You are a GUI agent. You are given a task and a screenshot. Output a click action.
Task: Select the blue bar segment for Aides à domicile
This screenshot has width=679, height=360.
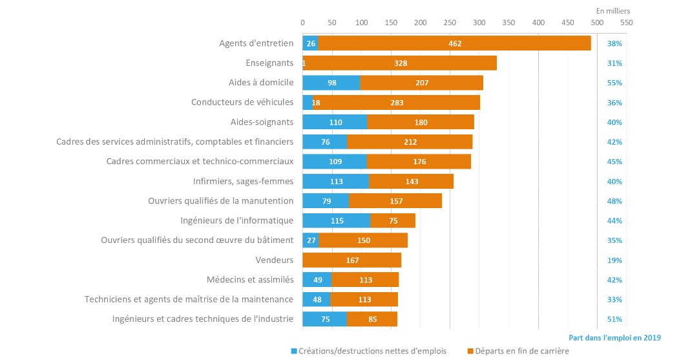click(331, 83)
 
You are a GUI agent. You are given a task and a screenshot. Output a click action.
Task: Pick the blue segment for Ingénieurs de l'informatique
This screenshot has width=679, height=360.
click(337, 220)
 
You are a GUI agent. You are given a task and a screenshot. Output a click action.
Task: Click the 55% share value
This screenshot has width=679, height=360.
click(614, 83)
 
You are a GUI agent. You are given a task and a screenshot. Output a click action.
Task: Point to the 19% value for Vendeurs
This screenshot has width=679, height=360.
click(614, 260)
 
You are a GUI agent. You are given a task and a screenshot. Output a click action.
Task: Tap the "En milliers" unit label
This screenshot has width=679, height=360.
click(612, 11)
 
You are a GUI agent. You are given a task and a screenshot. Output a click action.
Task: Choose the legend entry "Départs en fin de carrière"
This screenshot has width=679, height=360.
click(522, 351)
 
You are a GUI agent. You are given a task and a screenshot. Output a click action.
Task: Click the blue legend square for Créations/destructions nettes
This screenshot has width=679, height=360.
click(294, 351)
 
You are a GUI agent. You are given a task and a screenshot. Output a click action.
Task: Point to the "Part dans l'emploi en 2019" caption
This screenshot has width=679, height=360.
click(614, 337)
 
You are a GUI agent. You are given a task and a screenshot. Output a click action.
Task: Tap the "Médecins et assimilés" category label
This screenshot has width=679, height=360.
click(252, 280)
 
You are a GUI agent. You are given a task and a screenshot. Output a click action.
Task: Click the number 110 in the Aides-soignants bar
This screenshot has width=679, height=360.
click(335, 122)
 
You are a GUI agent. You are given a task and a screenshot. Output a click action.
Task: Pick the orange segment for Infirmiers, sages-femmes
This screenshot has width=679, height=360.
click(411, 181)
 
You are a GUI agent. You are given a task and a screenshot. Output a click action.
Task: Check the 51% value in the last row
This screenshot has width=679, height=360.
click(614, 319)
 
